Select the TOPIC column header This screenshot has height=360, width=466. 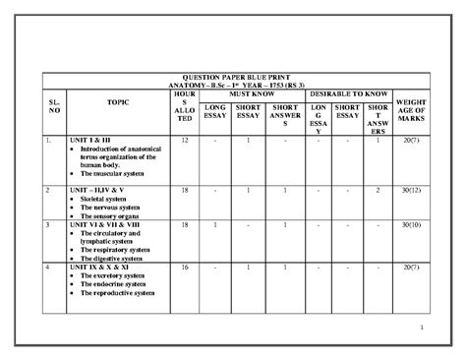[x=110, y=101]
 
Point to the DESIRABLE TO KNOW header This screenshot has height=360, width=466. [x=350, y=91]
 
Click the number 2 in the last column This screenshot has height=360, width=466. [x=379, y=188]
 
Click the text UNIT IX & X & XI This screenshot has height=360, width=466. [x=103, y=267]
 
